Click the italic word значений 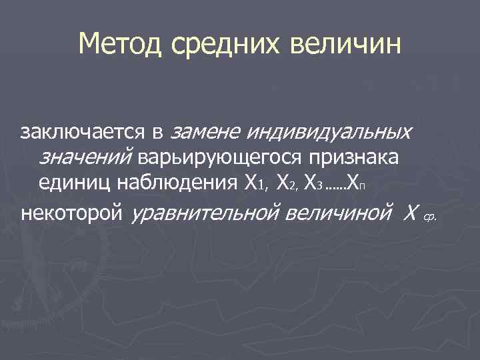click(x=87, y=157)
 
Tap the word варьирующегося click(x=219, y=157)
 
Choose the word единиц click(x=72, y=181)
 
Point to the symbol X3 click(x=311, y=181)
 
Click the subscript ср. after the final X click(x=429, y=217)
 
